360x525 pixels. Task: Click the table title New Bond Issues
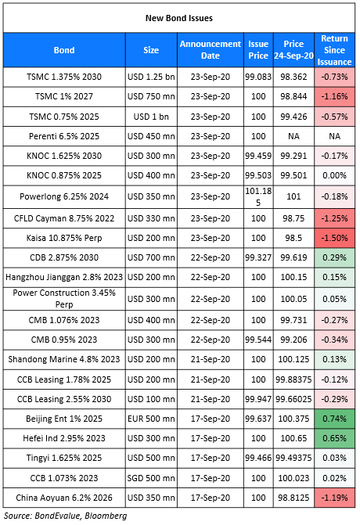179,18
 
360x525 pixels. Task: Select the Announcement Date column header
211,49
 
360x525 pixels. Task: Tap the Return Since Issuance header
334,50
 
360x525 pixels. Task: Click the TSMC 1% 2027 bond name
64,96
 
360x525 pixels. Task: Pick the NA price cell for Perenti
293,136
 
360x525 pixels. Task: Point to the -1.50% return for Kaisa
334,238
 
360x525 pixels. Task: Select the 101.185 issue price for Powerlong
258,196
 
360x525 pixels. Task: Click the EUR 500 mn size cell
151,419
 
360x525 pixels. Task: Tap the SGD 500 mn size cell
151,478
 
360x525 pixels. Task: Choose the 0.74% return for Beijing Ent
334,419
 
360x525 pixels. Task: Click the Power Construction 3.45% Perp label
64,298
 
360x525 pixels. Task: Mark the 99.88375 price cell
293,379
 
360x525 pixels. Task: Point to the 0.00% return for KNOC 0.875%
334,175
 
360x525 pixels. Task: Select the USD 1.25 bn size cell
151,77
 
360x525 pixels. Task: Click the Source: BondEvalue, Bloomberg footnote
66,516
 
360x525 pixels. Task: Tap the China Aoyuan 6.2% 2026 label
64,498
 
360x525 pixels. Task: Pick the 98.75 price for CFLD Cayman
293,218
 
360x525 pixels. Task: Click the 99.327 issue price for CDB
258,257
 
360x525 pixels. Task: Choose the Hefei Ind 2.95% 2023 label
64,438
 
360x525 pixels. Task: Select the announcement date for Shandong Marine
211,359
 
